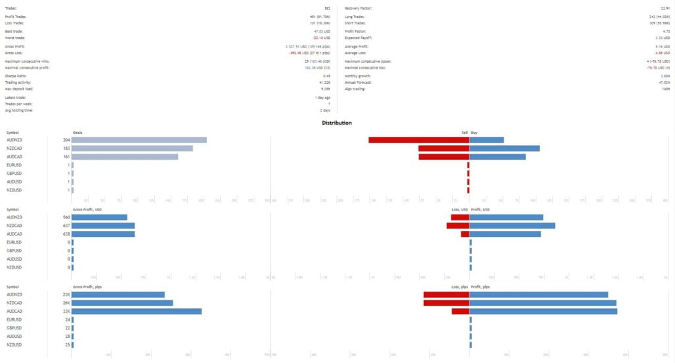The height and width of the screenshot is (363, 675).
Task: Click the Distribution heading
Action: (x=336, y=123)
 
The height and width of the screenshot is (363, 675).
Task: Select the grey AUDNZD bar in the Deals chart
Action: (x=139, y=140)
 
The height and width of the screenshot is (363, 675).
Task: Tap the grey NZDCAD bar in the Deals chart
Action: (x=132, y=148)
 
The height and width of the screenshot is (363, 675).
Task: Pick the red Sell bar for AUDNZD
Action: (x=419, y=140)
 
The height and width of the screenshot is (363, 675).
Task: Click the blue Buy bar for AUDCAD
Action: (x=498, y=157)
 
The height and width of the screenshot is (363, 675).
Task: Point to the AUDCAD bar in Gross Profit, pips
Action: (x=136, y=312)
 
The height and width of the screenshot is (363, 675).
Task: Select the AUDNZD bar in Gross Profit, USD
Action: (x=100, y=217)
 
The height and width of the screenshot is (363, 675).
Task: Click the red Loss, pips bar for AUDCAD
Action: (x=460, y=312)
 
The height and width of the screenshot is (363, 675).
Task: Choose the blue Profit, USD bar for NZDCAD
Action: (x=512, y=226)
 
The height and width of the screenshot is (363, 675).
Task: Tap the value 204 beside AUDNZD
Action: (x=67, y=140)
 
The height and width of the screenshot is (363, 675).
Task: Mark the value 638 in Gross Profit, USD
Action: (x=67, y=234)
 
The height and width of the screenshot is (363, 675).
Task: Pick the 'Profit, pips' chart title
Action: (x=481, y=287)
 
